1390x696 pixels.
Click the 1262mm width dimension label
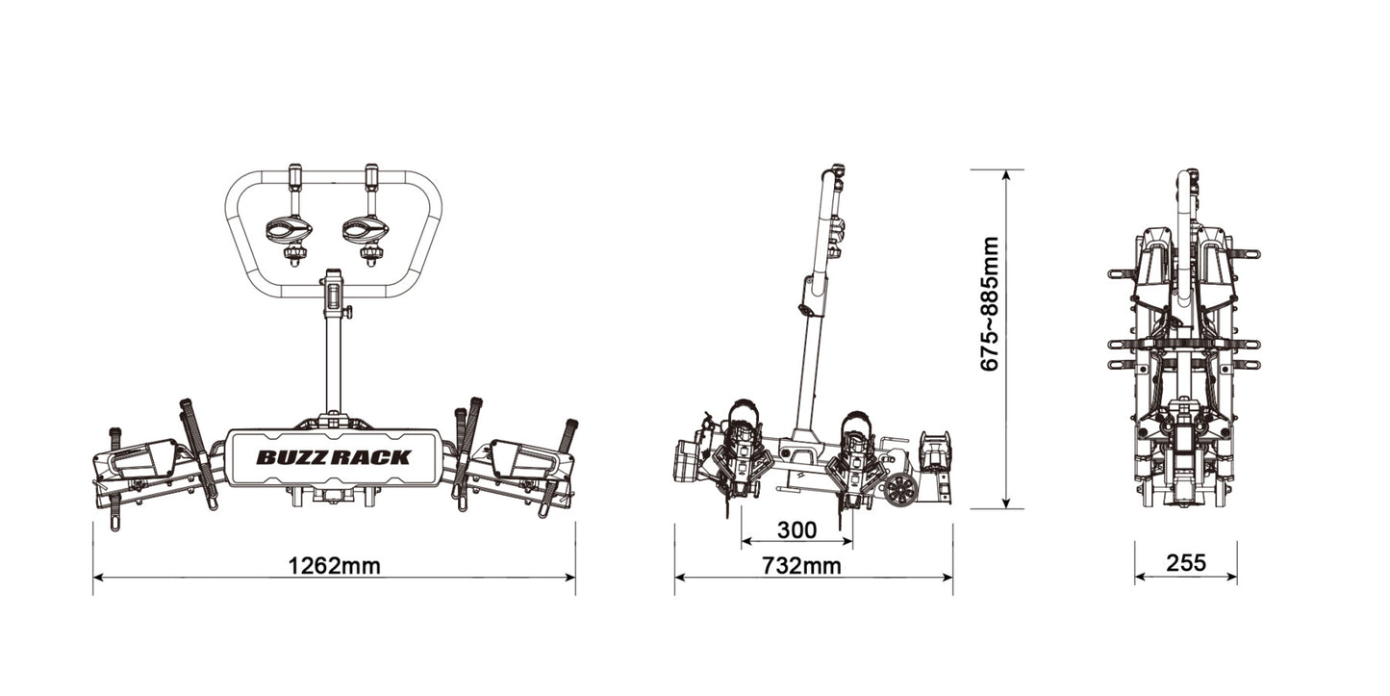pyautogui.click(x=334, y=565)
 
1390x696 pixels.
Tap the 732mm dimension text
pyautogui.click(x=800, y=565)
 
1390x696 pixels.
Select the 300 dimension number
pyautogui.click(x=796, y=530)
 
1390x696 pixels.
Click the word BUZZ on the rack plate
pyautogui.click(x=293, y=457)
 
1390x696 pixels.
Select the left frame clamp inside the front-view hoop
pyautogui.click(x=289, y=231)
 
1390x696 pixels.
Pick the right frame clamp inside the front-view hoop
pyautogui.click(x=366, y=231)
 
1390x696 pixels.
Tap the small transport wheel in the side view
pyautogui.click(x=900, y=489)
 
